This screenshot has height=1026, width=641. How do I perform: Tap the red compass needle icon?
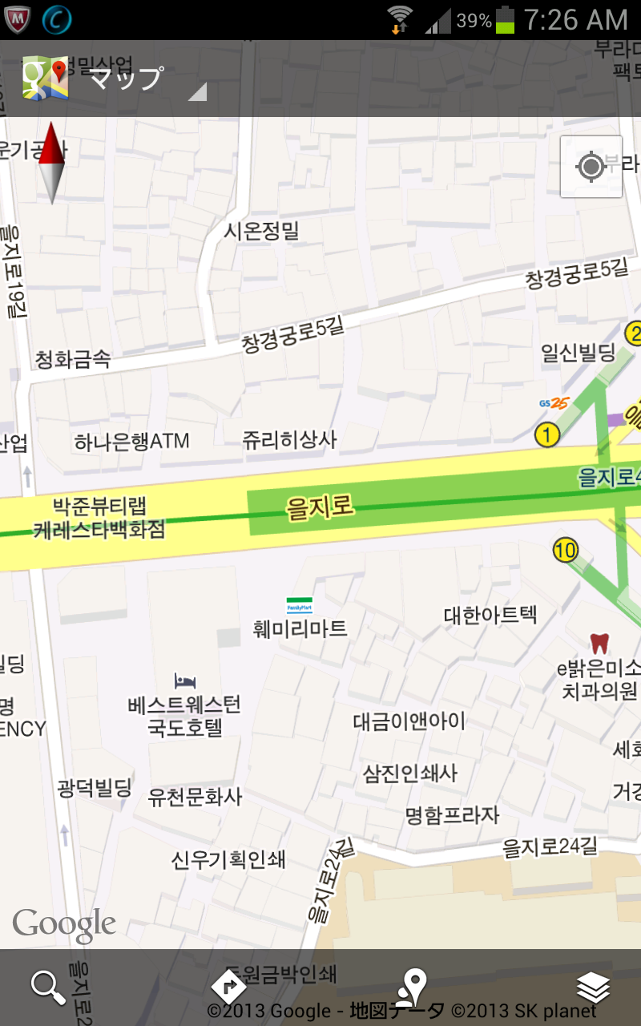[51, 162]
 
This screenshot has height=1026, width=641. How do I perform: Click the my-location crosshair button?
[591, 167]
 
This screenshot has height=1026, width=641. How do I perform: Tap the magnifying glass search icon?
[48, 988]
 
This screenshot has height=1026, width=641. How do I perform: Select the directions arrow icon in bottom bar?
[229, 986]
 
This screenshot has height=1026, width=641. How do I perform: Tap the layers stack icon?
[593, 988]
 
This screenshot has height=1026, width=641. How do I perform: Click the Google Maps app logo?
[46, 78]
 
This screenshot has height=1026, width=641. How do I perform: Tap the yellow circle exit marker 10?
[565, 550]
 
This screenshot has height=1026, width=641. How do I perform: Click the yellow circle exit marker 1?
[546, 435]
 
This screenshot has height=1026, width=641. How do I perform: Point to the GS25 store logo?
[554, 403]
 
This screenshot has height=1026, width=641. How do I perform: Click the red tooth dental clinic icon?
[599, 643]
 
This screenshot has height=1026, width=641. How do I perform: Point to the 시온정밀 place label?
[261, 231]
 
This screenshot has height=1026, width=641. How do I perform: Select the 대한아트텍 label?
[490, 616]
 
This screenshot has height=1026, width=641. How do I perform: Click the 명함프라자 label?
[452, 815]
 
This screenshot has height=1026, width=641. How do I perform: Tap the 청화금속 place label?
[73, 360]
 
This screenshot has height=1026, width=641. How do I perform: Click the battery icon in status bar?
[505, 20]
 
